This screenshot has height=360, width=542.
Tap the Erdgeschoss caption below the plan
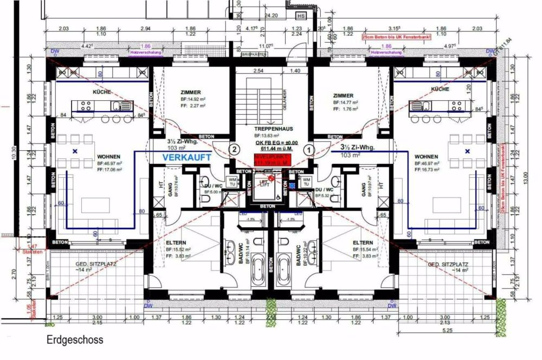(x=74, y=340)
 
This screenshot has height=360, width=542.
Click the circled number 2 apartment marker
(x=234, y=148)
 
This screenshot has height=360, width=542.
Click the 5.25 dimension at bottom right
(x=447, y=330)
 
